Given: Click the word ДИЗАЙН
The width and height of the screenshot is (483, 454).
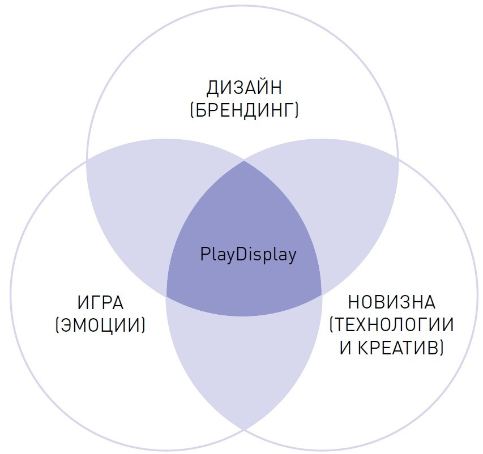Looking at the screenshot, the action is coord(244,88).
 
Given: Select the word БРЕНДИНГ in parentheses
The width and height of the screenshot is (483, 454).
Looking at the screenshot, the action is coord(244,109).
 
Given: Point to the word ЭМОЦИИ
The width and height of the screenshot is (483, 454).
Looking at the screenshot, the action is coord(100,324).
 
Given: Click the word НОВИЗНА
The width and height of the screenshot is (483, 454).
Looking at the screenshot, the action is coord(391,303).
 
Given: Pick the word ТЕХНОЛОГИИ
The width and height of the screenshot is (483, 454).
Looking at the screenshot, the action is coord(392,324).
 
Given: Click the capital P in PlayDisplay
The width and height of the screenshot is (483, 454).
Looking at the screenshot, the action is coord(204,254).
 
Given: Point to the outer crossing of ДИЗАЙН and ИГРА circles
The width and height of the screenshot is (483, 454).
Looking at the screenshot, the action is coord(87,159).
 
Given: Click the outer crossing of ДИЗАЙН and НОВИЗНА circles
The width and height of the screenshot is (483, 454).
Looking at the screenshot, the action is coord(399,159).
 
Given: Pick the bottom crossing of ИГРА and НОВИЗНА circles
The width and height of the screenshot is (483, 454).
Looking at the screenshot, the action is coord(244,429).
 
